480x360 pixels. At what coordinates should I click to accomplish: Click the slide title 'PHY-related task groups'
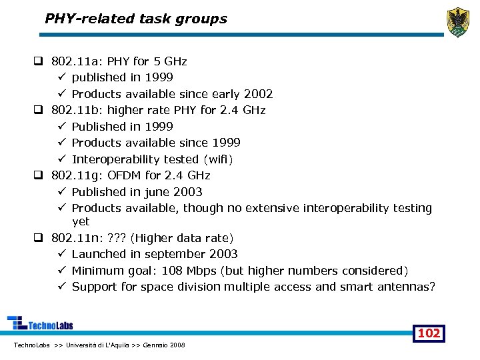(136, 19)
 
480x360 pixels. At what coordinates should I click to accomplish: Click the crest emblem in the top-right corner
(458, 21)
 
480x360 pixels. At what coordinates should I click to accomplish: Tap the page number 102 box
(429, 333)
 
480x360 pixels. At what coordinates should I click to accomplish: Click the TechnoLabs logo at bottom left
(40, 323)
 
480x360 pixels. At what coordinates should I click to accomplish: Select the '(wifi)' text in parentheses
(221, 159)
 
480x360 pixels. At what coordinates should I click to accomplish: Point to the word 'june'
(155, 192)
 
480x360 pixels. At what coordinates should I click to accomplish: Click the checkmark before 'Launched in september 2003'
(61, 254)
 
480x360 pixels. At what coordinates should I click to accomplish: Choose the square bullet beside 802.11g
(39, 176)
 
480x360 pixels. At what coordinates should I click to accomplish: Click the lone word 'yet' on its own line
(81, 221)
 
